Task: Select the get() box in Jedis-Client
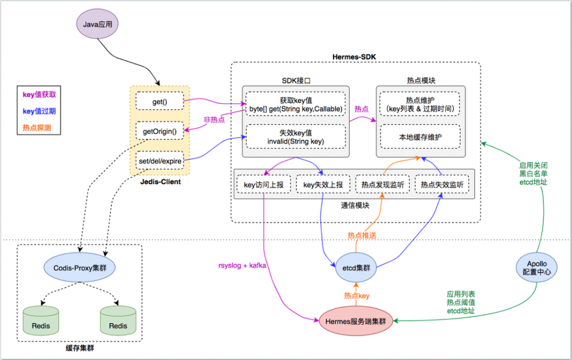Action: tap(159, 101)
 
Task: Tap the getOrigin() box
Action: tap(159, 131)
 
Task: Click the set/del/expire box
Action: tap(160, 161)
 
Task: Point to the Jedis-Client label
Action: tap(160, 181)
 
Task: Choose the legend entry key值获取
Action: tap(39, 94)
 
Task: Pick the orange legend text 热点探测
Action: tap(37, 128)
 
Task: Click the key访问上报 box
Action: tap(264, 185)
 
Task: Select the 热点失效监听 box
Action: tap(442, 185)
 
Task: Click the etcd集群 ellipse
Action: tap(356, 267)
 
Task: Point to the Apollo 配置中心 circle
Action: tap(536, 268)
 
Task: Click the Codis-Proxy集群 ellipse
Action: tap(80, 267)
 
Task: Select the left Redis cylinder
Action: tap(41, 322)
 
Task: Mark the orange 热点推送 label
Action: tap(362, 235)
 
